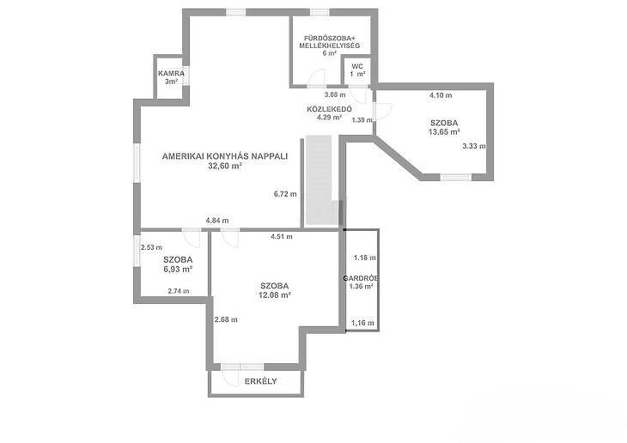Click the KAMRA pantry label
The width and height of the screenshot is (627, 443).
coord(171,74)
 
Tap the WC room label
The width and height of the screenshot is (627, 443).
coord(357,66)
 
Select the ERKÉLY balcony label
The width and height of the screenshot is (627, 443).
coord(261,381)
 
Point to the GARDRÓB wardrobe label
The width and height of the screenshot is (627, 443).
coord(361,278)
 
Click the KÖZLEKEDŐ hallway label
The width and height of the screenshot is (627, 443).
coord(329,109)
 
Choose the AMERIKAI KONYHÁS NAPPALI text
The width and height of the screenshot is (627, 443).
coord(225,156)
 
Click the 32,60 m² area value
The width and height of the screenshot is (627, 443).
coord(225,166)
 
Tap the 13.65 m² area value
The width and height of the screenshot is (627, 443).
coord(444,132)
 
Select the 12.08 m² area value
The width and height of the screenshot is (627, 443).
coord(274,295)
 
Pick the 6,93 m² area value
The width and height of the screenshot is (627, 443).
coord(178,269)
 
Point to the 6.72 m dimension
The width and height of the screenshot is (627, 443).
coord(285,194)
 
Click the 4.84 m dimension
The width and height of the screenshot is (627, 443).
coord(217,221)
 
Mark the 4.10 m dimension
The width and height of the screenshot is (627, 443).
coord(441,95)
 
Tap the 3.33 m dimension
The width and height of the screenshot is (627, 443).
coord(474,146)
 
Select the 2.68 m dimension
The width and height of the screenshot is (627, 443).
coord(226,319)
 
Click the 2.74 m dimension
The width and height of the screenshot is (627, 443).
coord(179,291)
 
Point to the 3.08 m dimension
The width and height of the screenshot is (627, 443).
coord(335,94)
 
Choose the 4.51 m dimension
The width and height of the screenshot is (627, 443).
coord(282,237)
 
